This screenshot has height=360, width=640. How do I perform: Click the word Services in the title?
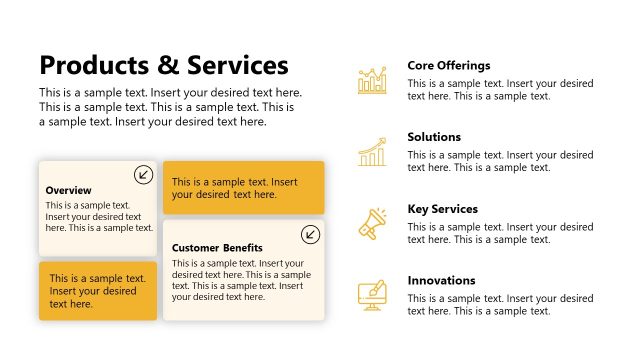click(x=235, y=66)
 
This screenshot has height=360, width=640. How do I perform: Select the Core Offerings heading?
click(x=449, y=65)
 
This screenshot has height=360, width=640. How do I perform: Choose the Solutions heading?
click(x=434, y=137)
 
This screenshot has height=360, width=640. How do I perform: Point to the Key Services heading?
click(x=443, y=209)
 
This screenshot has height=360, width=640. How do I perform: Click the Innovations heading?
click(x=441, y=281)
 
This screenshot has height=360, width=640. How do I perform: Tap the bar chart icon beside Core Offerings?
click(x=372, y=80)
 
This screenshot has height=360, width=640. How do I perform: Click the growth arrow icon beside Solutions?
click(x=372, y=152)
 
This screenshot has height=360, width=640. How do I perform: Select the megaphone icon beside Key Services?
click(x=372, y=224)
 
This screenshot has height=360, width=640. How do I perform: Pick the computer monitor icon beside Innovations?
click(x=372, y=295)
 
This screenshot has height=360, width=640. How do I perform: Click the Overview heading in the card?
click(x=69, y=190)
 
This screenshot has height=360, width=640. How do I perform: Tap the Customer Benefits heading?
click(x=217, y=247)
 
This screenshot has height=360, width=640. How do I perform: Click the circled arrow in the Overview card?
click(x=143, y=175)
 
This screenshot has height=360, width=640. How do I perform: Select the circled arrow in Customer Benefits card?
click(x=310, y=234)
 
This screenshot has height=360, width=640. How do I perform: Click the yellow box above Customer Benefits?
click(x=243, y=188)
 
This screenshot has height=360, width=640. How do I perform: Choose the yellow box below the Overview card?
click(x=98, y=291)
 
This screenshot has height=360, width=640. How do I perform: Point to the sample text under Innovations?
click(x=500, y=304)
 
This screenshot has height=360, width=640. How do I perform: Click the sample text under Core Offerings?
click(x=500, y=89)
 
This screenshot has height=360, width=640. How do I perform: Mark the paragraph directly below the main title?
click(x=170, y=107)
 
